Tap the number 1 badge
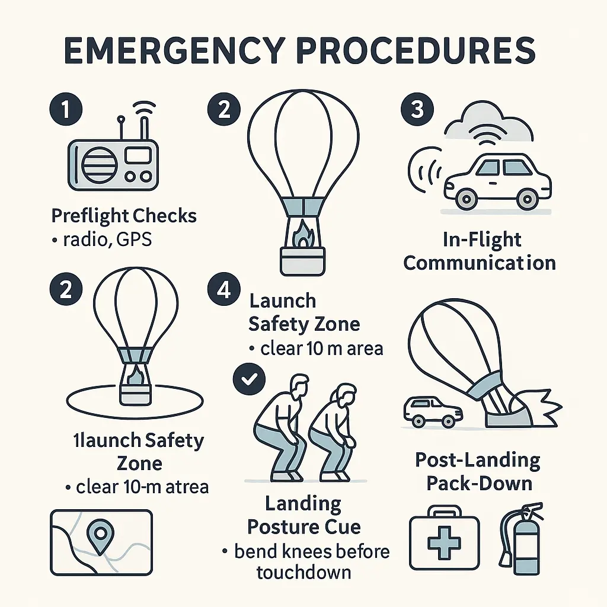66,109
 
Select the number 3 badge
417,109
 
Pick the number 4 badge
223,289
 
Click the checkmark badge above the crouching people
249,379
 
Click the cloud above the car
488,123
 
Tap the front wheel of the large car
467,199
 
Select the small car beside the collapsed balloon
433,412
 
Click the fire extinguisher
520,539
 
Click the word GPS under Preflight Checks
133,240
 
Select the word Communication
480,263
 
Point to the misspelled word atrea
187,487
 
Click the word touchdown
303,572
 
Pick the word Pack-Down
479,484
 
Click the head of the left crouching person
298,387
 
